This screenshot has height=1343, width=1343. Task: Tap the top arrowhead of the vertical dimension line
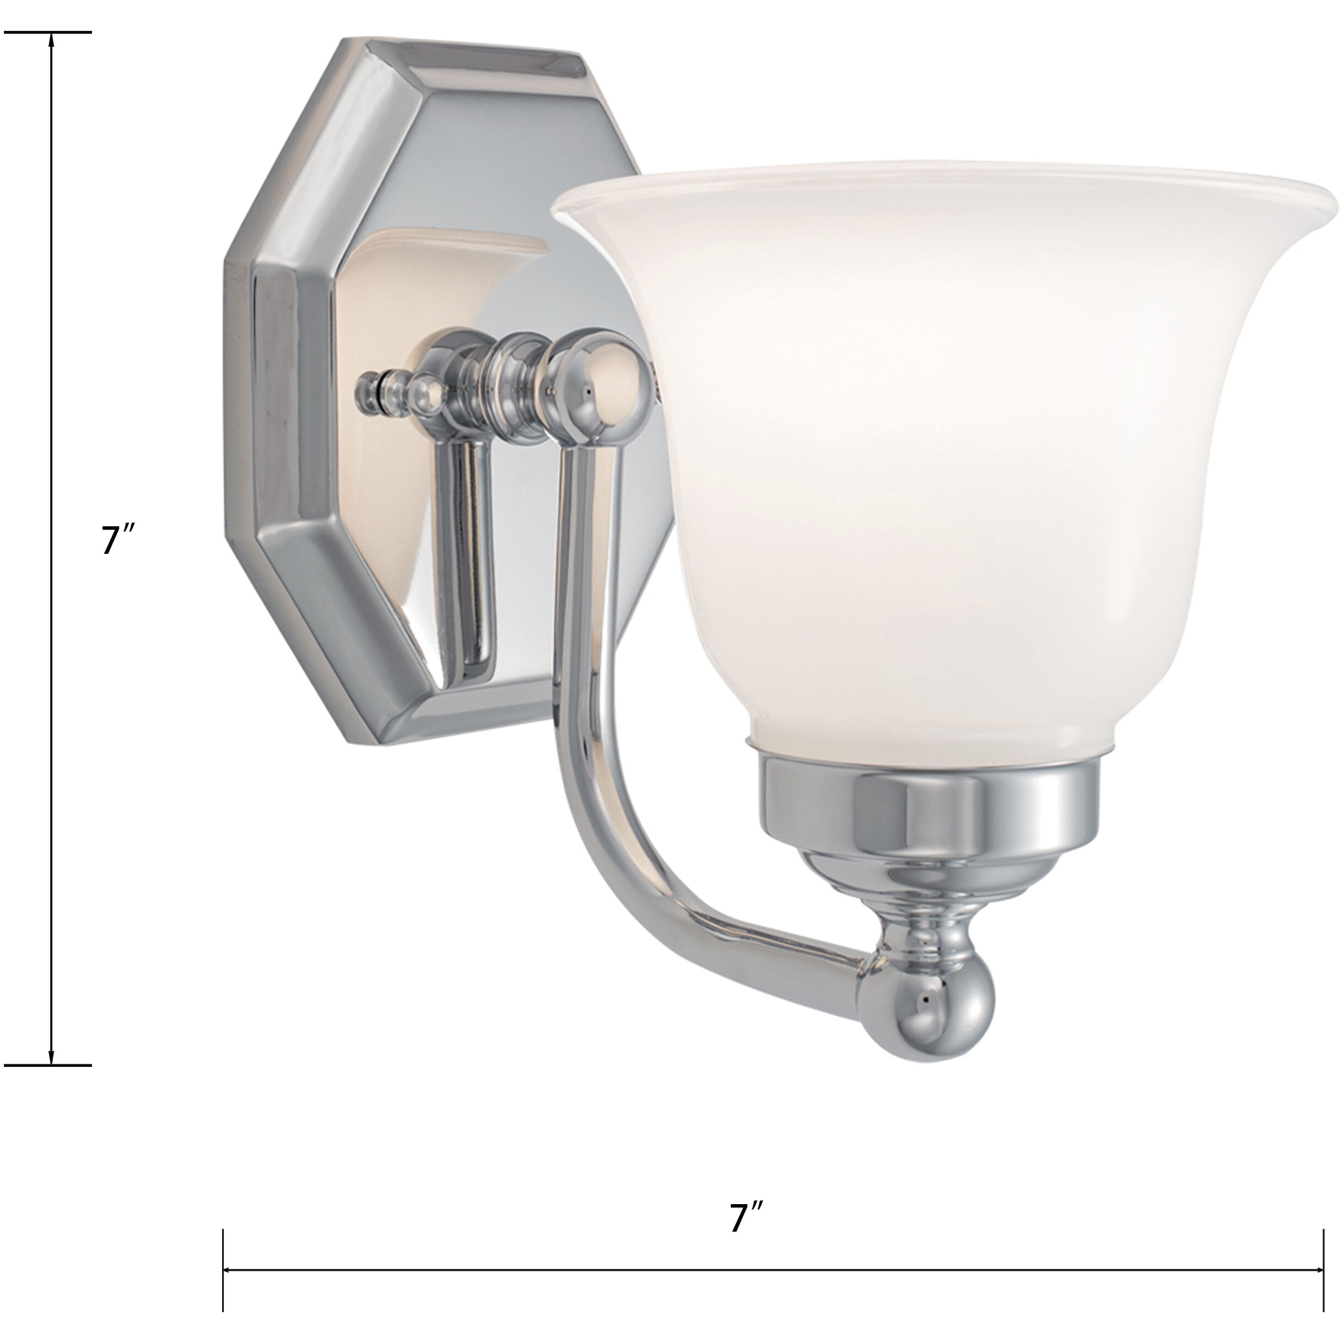(x=51, y=39)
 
